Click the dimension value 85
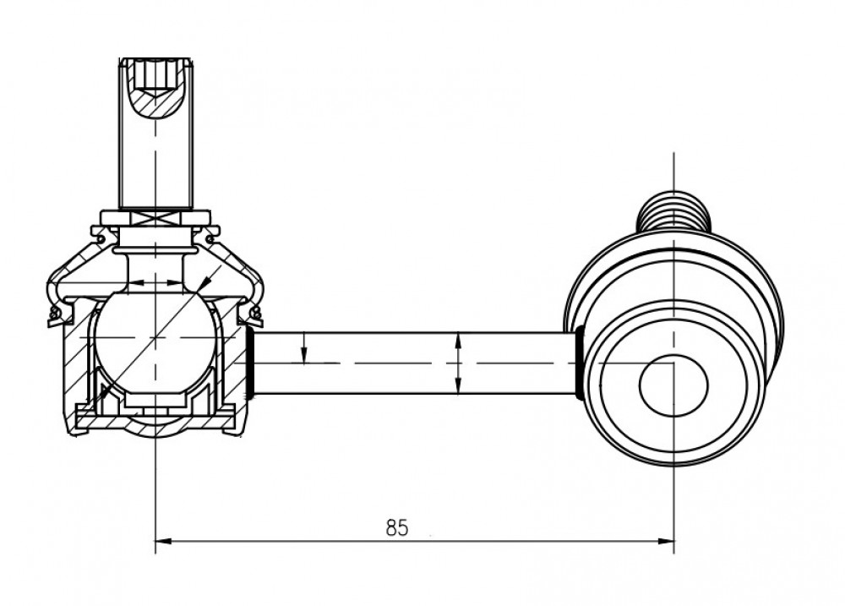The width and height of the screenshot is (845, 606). tap(397, 527)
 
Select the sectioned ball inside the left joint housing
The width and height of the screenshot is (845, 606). tap(155, 337)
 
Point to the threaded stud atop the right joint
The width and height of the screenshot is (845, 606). tap(673, 211)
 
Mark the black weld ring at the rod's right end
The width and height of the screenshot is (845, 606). tap(580, 363)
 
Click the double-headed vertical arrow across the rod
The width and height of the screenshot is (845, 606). tap(457, 363)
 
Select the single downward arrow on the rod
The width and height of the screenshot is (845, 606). tap(304, 348)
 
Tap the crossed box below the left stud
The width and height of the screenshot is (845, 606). tap(155, 219)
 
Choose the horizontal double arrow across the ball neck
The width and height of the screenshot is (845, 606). tap(155, 282)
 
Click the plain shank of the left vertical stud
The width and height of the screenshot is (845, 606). tap(155, 161)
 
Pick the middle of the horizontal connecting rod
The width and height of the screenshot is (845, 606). tap(415, 363)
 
